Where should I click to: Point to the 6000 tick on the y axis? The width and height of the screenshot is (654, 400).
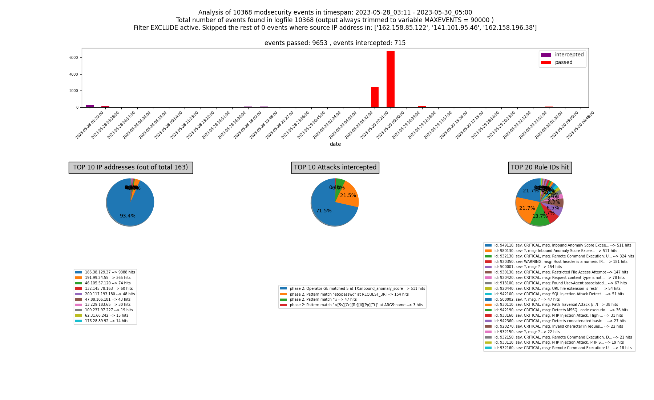point(75,58)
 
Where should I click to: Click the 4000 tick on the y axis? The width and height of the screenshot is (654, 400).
point(75,75)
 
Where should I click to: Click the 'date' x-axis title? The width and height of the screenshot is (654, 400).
point(335,144)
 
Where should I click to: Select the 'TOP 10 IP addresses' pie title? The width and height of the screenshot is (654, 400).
point(130,168)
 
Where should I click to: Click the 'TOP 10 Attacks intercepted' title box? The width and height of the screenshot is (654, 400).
point(335,168)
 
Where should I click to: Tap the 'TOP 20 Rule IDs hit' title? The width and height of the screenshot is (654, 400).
point(540,168)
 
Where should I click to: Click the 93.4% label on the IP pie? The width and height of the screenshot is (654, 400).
point(128,216)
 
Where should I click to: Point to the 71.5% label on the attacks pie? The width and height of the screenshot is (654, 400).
point(324,211)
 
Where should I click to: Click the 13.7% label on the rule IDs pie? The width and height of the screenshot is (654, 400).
point(540,216)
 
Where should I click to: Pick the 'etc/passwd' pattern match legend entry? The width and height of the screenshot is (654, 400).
point(349,294)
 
